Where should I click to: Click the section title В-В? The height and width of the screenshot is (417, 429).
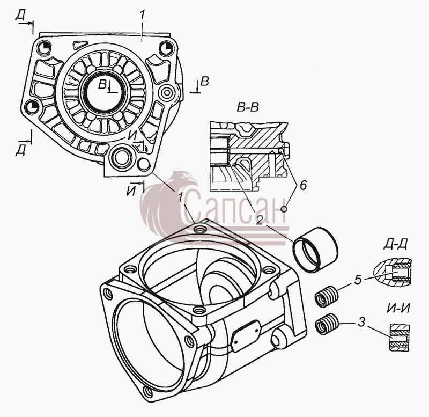tap(247, 107)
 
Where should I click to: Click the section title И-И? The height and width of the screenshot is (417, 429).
tap(398, 309)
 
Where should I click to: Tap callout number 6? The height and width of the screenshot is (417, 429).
tap(303, 185)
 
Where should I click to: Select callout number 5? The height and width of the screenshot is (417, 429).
tap(358, 280)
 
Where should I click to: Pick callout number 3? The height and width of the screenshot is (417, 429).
tap(361, 323)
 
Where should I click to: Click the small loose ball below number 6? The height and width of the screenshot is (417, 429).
tap(284, 209)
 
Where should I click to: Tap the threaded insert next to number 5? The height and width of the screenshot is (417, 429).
tap(327, 296)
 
